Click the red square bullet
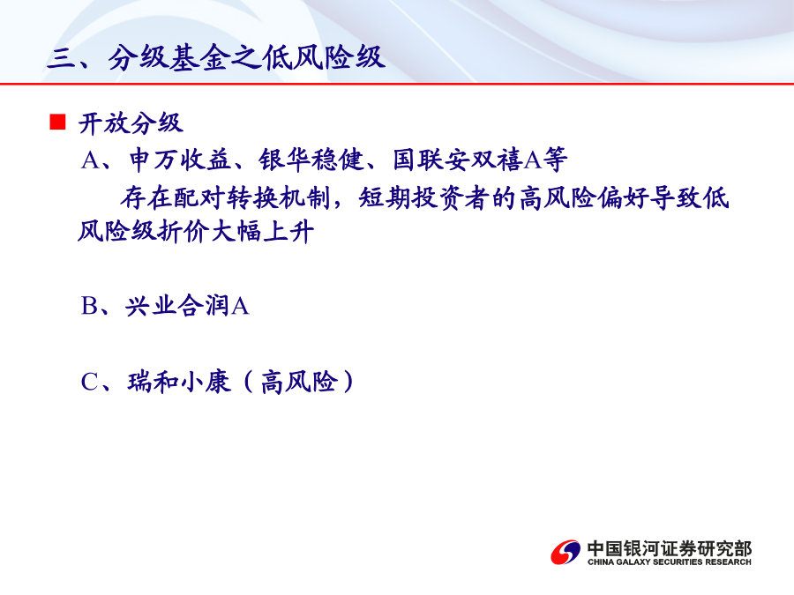pos(57,123)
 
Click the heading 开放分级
pos(131,123)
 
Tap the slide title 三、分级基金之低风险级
pos(216,56)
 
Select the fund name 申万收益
pos(180,160)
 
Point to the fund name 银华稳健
pos(311,160)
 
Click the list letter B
pos(89,306)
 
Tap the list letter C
pos(90,382)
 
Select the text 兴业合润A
pos(187,306)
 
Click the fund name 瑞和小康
pos(179,382)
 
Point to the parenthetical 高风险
pos(299,382)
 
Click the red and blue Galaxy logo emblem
pos(566,552)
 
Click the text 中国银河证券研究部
pos(670,549)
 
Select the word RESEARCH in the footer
pos(728,562)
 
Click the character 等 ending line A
pos(556,160)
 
